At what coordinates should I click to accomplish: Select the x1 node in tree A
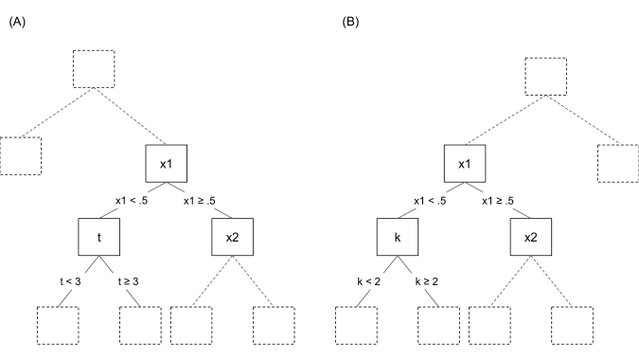166,165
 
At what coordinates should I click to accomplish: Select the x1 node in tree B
465,165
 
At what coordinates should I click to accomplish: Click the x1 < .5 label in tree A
129,201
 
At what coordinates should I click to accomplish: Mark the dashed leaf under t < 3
58,327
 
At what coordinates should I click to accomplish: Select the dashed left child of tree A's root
21,156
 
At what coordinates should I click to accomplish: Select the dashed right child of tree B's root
619,164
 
